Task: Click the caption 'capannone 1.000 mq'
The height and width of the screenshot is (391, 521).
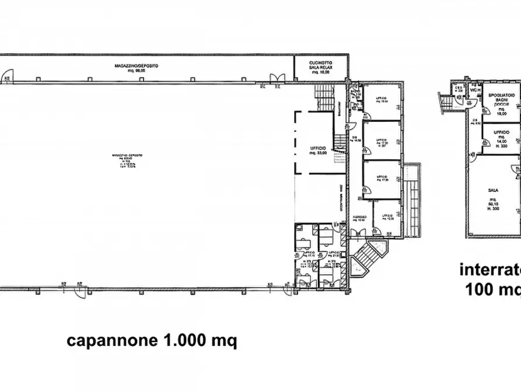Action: pyautogui.click(x=152, y=341)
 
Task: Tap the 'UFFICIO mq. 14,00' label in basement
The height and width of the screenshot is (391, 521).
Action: pyautogui.click(x=501, y=138)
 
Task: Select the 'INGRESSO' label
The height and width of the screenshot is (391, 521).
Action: pyautogui.click(x=359, y=219)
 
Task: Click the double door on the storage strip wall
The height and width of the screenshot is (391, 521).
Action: pyautogui.click(x=277, y=78)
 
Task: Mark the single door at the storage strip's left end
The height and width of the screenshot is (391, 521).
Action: pyautogui.click(x=8, y=74)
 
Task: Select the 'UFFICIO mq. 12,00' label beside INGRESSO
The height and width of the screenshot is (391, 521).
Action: pyautogui.click(x=388, y=218)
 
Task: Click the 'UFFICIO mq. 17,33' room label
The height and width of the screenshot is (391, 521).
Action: pyautogui.click(x=382, y=179)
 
